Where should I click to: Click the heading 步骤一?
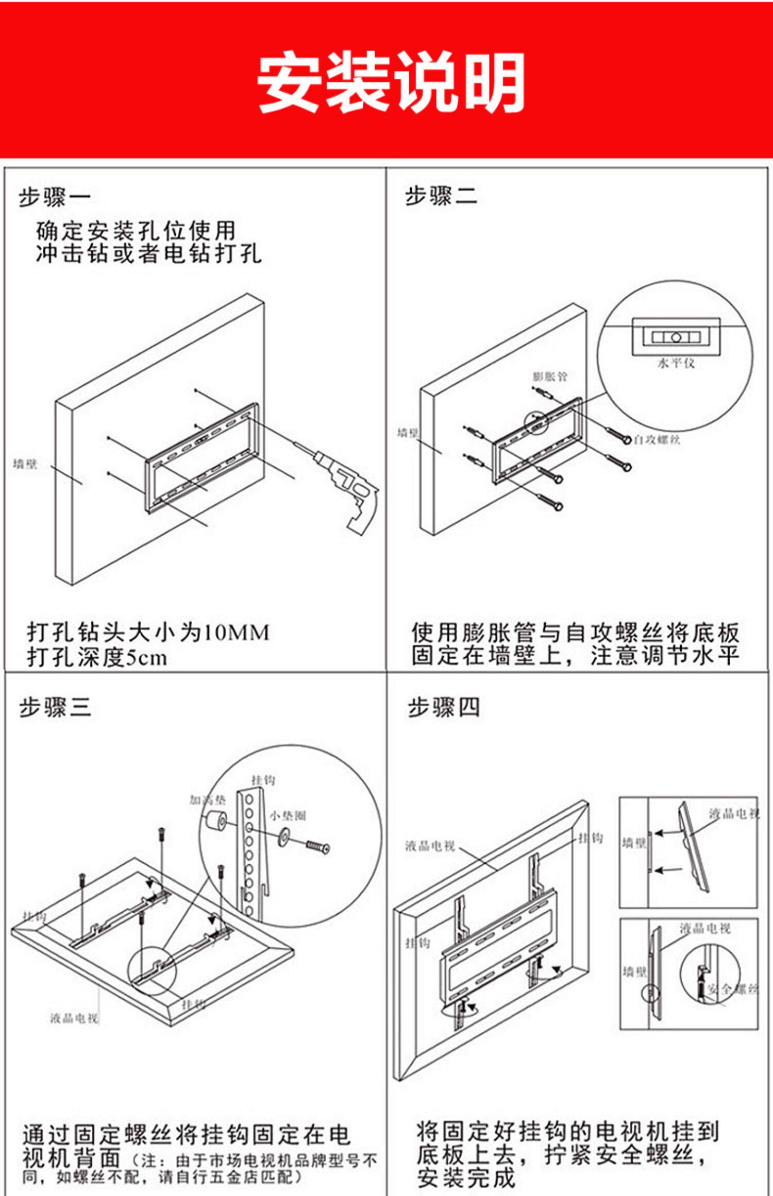click(x=55, y=197)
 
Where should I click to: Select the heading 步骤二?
click(x=441, y=196)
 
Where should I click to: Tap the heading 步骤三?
click(x=55, y=707)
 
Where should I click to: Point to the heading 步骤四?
click(x=444, y=707)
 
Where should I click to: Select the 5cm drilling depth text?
click(x=147, y=658)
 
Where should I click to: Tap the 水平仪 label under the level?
click(x=676, y=363)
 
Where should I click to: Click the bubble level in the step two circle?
click(x=676, y=337)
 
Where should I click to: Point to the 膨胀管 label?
click(x=549, y=377)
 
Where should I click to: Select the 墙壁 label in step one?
click(x=25, y=464)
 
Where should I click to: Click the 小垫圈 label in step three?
click(x=288, y=815)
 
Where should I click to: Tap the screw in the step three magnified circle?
click(x=317, y=846)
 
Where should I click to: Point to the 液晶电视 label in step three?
click(x=74, y=1018)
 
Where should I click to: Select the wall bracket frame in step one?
click(x=201, y=456)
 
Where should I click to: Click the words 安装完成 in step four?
click(x=466, y=1177)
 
